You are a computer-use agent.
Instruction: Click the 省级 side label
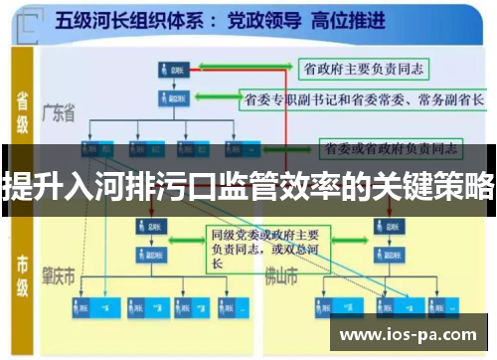pos(22,112)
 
